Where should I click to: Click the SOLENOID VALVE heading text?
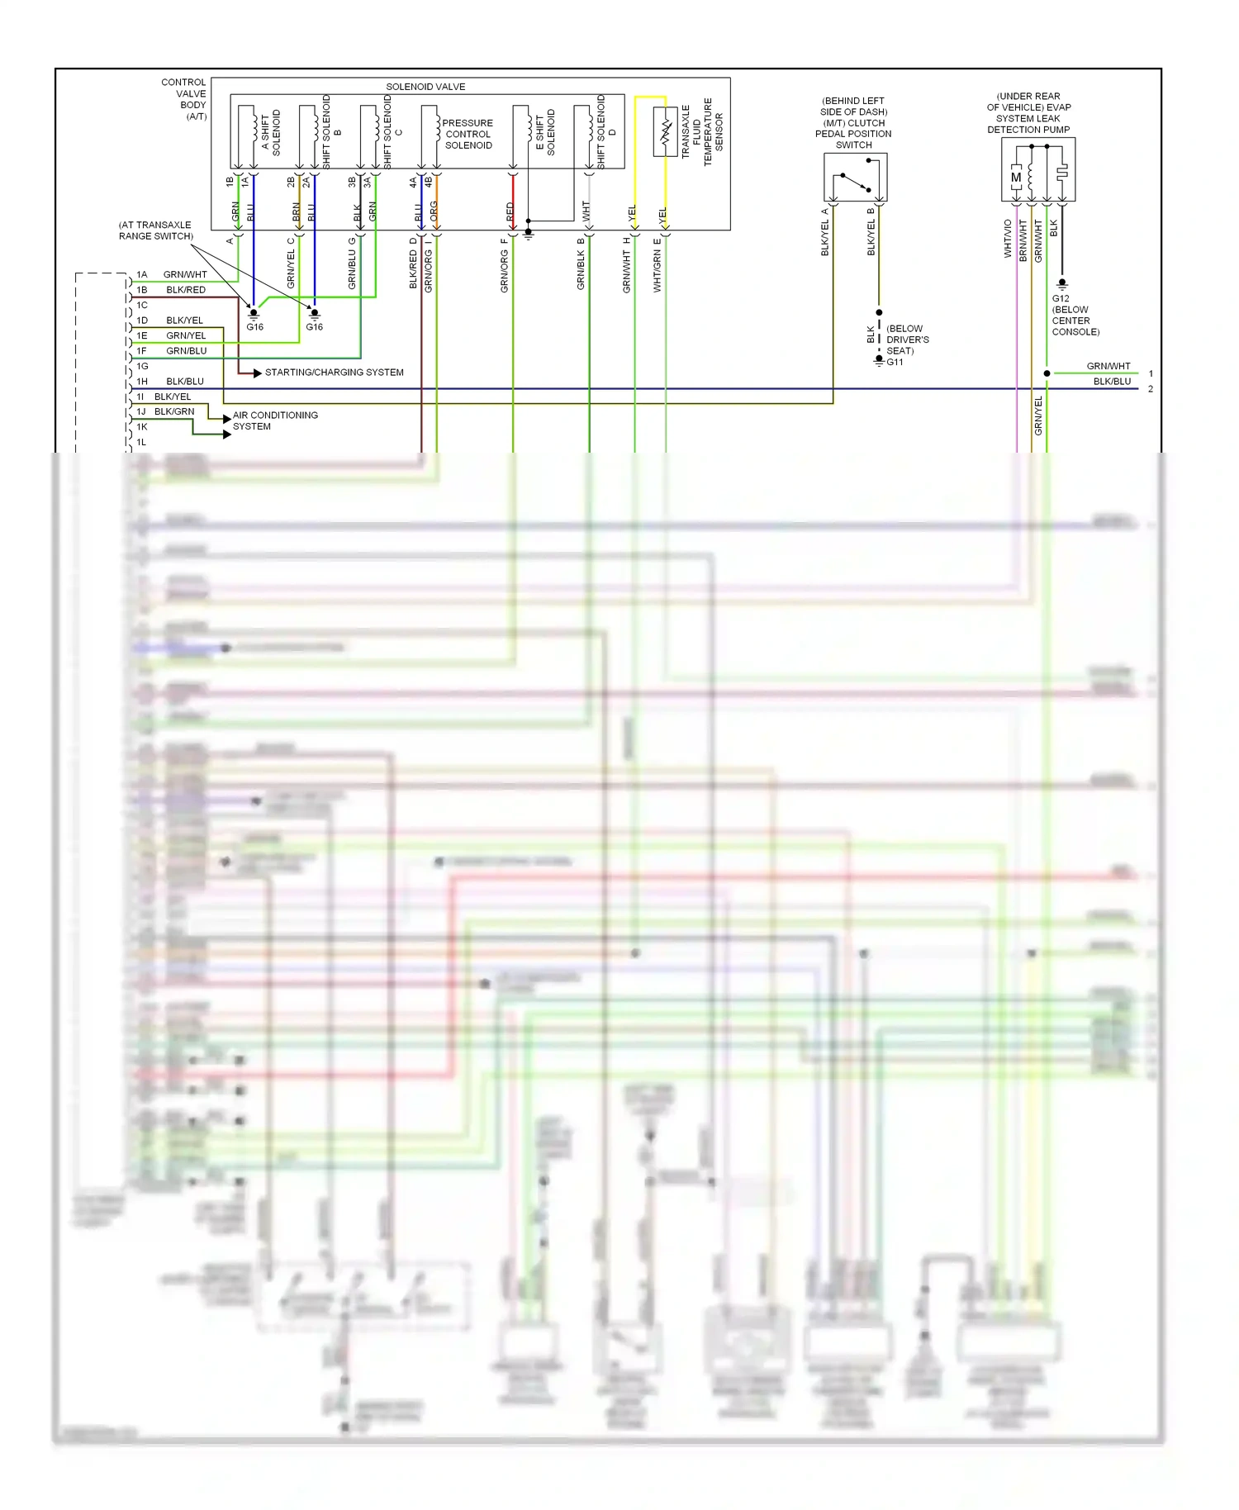pos(425,87)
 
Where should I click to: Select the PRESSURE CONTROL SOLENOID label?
pos(468,134)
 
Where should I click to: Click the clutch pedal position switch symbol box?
pos(855,177)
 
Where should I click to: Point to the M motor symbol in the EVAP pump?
pos(1016,177)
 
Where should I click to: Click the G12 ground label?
pos(1061,298)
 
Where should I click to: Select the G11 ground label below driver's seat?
pos(895,362)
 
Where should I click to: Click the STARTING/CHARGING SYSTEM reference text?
pos(334,373)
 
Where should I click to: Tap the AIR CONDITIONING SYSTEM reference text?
pos(275,420)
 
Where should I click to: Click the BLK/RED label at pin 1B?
pos(186,290)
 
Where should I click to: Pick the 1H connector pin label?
pos(142,382)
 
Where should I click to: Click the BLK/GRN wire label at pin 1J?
pos(174,411)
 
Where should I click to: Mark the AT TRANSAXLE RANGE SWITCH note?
pos(155,230)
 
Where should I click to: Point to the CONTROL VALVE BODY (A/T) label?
pos(184,99)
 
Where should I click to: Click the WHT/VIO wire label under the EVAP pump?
pos(1008,239)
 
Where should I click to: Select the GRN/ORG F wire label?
pos(504,266)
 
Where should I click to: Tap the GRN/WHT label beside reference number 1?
pos(1108,366)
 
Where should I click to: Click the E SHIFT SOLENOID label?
pos(545,132)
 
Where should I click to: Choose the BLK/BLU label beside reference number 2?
pos(1112,382)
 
